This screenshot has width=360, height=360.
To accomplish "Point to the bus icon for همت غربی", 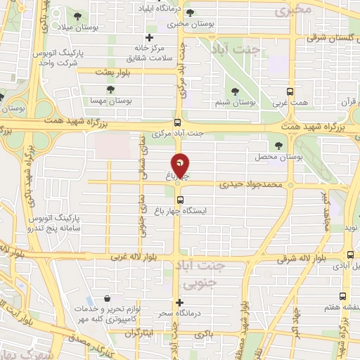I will pyautogui.click(x=291, y=91).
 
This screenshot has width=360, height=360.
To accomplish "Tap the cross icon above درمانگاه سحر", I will pyautogui.click(x=180, y=302).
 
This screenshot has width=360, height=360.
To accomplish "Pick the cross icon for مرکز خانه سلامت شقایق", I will pyautogui.click(x=149, y=37).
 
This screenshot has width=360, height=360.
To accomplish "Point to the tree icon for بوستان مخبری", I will pyautogui.click(x=190, y=13).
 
